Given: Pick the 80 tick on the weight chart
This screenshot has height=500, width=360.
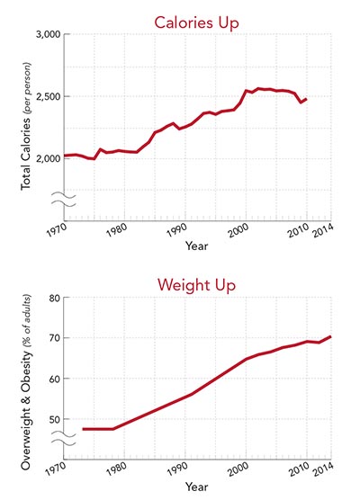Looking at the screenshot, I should click(x=53, y=298).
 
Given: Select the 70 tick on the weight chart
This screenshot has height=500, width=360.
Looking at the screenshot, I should click(x=53, y=338).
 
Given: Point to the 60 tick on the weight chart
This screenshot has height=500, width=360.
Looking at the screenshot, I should click(x=53, y=379).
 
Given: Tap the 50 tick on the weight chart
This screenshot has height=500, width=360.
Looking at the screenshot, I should click(x=53, y=419).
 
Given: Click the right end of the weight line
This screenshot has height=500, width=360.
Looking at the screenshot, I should click(x=329, y=336).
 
